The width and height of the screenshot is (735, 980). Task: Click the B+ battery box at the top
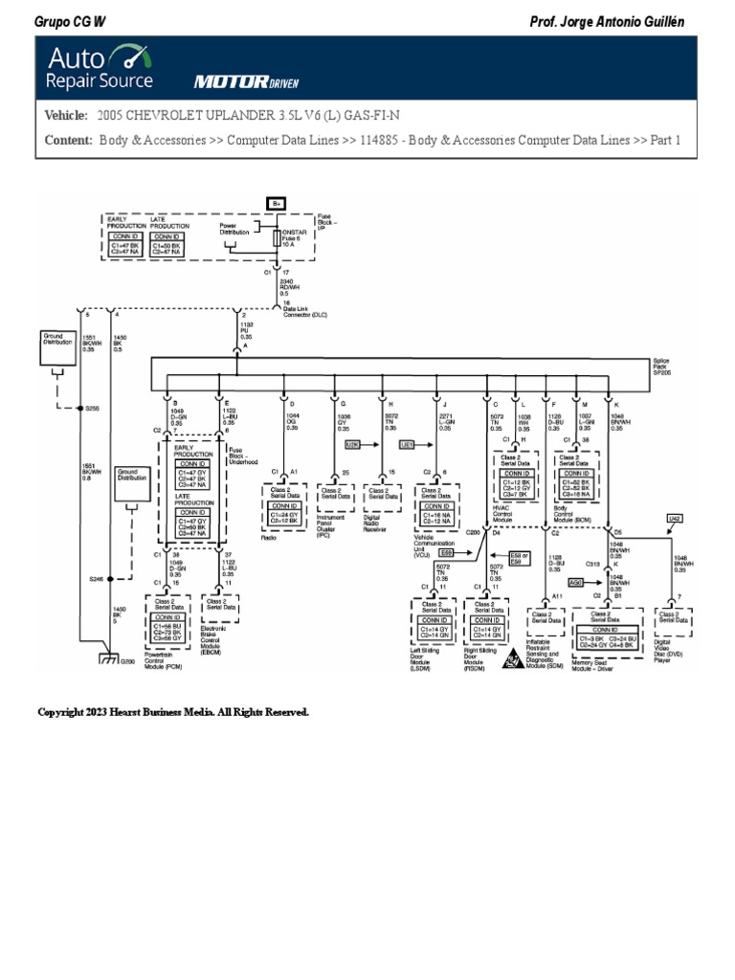[x=278, y=203]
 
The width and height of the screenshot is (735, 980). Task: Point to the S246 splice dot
[x=111, y=579]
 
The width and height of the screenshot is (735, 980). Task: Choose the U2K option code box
[x=352, y=445]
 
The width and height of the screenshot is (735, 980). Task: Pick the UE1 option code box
[x=406, y=445]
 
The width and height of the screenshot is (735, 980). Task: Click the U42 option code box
[x=674, y=518]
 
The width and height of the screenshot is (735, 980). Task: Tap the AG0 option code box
[x=575, y=581]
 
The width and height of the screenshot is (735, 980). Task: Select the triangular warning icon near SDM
[x=513, y=658]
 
